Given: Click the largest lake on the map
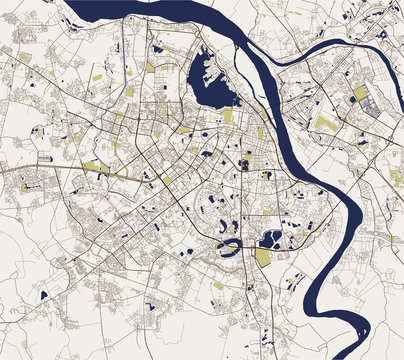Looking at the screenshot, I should click(213, 80).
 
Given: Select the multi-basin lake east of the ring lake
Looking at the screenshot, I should click(270, 238).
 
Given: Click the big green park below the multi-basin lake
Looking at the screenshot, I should click(262, 257).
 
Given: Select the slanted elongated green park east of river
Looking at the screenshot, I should click(326, 124).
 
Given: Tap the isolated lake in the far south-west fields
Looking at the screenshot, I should click(43, 295).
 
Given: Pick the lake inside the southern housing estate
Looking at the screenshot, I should click(150, 306).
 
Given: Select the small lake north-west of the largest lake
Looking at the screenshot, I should click(158, 47).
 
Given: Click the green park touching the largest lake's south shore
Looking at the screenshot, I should click(228, 116).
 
